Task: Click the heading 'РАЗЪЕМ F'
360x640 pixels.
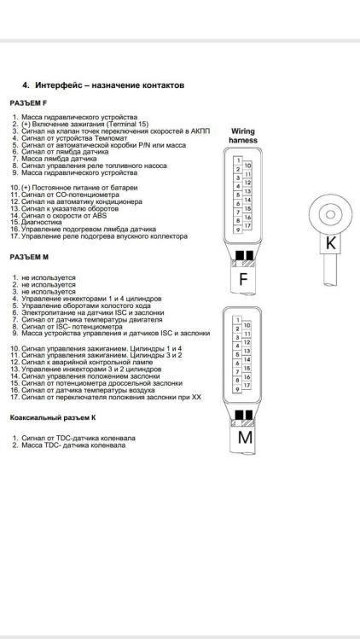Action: pos(28,103)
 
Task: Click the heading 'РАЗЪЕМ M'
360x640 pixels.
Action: pos(29,257)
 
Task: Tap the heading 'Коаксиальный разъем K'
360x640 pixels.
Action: pos(52,418)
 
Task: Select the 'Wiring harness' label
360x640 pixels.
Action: pos(243,136)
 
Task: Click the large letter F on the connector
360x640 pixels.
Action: pos(243,280)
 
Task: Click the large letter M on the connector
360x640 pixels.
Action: pos(245,438)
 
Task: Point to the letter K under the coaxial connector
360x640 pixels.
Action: pos(331,243)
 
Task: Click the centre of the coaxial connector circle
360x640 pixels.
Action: pos(330,214)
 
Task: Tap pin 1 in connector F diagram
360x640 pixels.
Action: pos(237,160)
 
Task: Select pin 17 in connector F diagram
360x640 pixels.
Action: pos(247,225)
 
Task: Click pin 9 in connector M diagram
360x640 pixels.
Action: pos(237,389)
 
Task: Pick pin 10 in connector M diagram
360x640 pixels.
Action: pos(247,325)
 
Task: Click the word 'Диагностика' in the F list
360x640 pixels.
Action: pos(42,222)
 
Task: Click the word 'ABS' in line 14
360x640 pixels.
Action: pos(100,215)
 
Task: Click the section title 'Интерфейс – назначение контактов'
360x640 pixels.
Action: pos(109,85)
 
